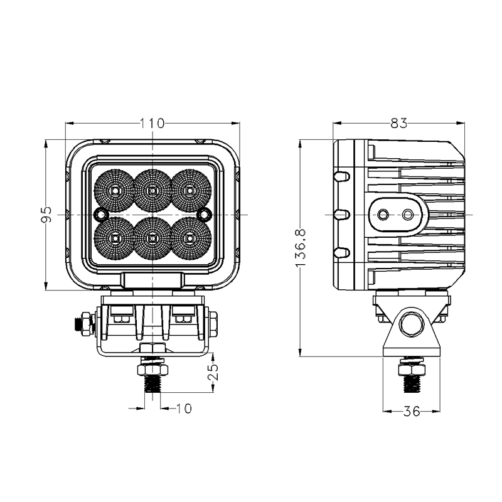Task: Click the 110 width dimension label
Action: (152, 123)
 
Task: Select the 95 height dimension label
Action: (46, 215)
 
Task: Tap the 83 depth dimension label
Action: (399, 123)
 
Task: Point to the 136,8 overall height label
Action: (301, 247)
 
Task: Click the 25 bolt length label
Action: (213, 371)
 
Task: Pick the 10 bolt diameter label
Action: (184, 409)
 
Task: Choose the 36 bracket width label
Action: (412, 411)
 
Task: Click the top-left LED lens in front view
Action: (115, 191)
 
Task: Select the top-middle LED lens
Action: (152, 191)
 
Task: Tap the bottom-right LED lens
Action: (191, 238)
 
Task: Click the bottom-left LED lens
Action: (115, 238)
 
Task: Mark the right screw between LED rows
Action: (205, 213)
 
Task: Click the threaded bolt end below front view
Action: (152, 383)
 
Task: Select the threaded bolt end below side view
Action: (412, 384)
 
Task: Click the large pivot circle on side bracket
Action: (412, 324)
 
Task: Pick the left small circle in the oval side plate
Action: (383, 214)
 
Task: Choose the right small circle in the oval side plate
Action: (408, 214)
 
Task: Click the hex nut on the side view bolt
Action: (412, 370)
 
